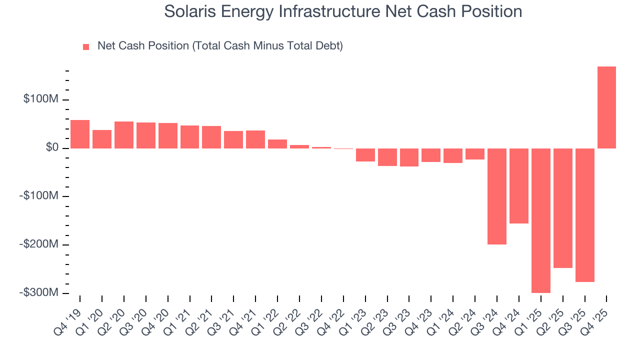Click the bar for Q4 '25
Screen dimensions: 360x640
[606, 107]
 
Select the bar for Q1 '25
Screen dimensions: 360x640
[540, 220]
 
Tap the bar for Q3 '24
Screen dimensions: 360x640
[496, 196]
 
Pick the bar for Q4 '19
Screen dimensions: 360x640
[80, 134]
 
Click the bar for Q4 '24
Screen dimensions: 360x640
[518, 186]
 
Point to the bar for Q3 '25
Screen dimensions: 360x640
[584, 215]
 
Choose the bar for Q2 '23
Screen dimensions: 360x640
[387, 157]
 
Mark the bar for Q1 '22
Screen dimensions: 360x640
[277, 144]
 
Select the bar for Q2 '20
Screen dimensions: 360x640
[124, 135]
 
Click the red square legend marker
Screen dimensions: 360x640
[86, 47]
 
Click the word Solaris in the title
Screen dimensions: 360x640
[191, 11]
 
